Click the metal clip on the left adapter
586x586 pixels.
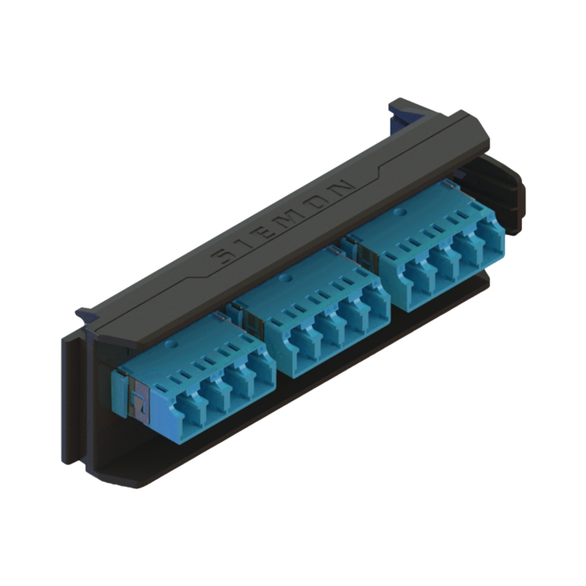[x=139, y=399]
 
